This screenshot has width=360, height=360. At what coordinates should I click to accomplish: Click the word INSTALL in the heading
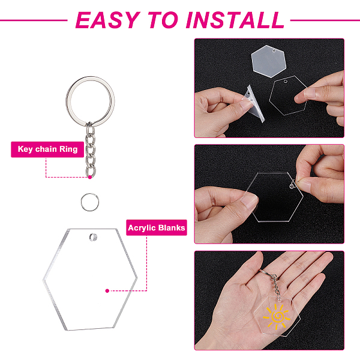click(x=235, y=20)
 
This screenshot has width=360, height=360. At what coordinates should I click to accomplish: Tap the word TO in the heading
click(x=163, y=20)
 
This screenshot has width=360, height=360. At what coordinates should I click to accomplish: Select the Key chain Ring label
click(x=47, y=149)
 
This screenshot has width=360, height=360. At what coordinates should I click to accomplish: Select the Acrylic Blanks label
click(x=157, y=228)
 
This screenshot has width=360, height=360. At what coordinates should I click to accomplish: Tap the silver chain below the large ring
click(x=90, y=149)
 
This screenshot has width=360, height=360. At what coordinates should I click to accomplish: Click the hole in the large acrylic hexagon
click(x=93, y=237)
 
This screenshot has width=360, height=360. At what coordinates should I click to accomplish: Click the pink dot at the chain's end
click(x=90, y=177)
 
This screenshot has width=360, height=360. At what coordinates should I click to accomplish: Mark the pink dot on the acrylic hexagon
click(x=107, y=291)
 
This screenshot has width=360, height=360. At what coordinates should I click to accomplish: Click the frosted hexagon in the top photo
click(x=269, y=61)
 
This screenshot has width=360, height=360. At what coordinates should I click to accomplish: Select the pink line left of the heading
click(x=34, y=20)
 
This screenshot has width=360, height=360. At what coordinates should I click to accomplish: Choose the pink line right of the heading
click(x=325, y=20)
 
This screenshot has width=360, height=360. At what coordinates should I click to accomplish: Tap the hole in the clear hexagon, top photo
click(x=286, y=82)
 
